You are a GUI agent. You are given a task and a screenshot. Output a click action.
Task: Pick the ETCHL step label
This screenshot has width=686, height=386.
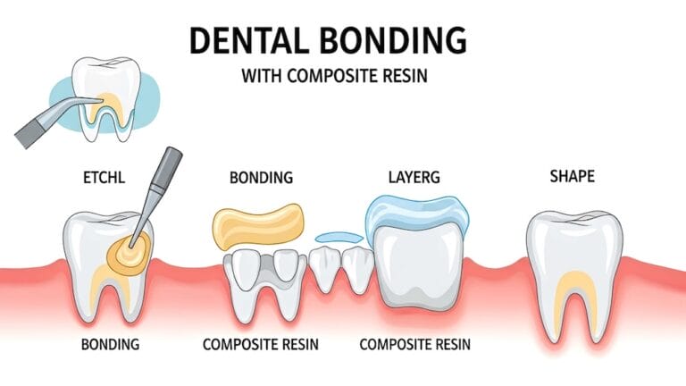click(103, 177)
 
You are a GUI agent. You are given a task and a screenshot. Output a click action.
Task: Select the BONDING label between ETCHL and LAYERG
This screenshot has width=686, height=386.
click(261, 177)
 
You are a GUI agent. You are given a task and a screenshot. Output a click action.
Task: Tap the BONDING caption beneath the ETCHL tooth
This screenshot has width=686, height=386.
click(108, 344)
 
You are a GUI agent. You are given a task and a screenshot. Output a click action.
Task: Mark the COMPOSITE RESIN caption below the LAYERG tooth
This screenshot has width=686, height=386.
click(414, 344)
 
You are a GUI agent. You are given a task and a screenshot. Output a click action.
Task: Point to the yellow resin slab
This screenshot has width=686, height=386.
click(256, 225)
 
